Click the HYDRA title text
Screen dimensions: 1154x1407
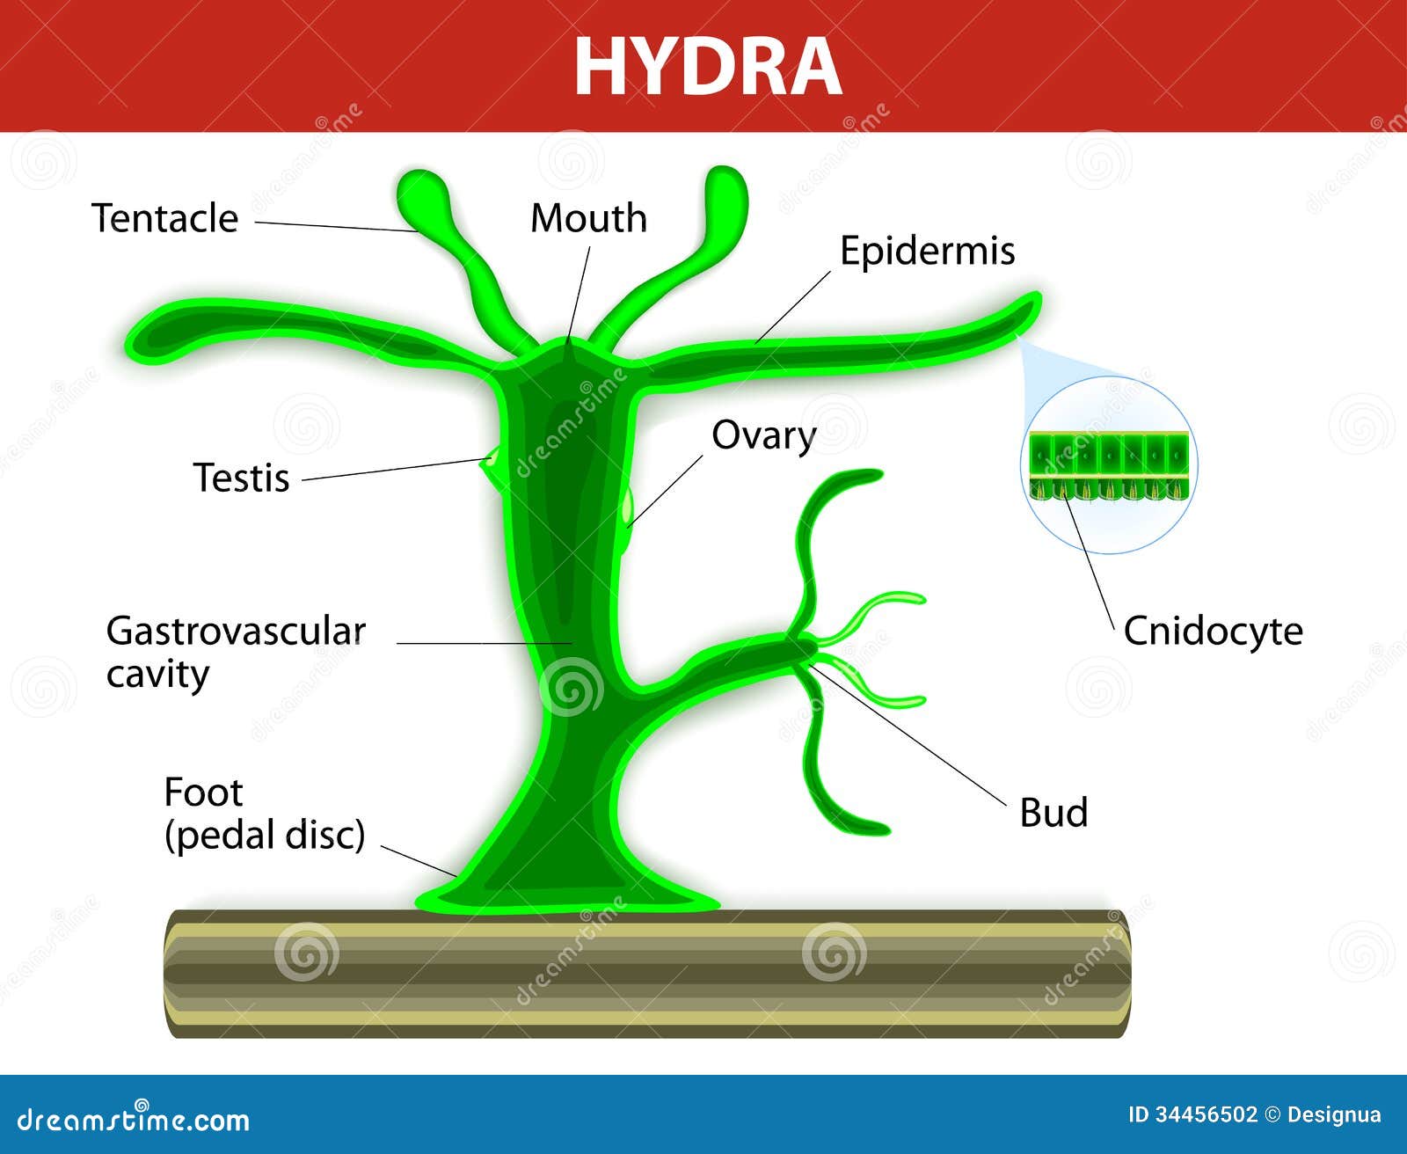tap(708, 67)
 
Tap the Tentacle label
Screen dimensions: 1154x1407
tap(165, 218)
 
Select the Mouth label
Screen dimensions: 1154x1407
tap(588, 218)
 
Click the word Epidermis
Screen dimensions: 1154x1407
tap(927, 251)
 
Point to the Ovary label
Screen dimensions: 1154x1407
tap(763, 436)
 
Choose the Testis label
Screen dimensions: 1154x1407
tap(241, 478)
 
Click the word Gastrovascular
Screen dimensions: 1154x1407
tap(236, 632)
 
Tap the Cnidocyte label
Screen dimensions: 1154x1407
tap(1213, 632)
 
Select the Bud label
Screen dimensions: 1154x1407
tap(1053, 813)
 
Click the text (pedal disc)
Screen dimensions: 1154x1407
tap(265, 835)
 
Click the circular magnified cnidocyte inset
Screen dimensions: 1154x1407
tap(1109, 465)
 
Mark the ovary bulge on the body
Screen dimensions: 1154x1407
tap(626, 510)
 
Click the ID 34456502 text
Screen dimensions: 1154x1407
tap(1192, 1115)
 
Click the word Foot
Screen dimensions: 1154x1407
tap(203, 792)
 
